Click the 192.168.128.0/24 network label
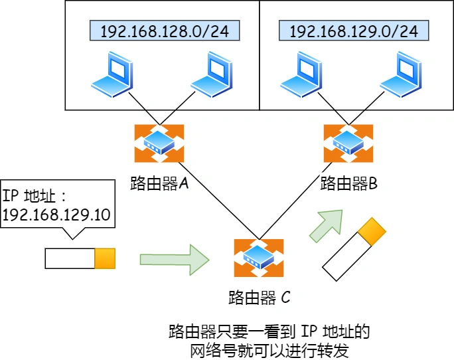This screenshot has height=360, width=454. tap(163, 31)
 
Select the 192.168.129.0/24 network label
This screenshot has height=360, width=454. tap(353, 31)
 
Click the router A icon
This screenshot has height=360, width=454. tap(159, 142)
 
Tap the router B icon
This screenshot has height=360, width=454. tap(347, 142)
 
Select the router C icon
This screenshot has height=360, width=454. tap(258, 258)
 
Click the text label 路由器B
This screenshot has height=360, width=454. tap(348, 183)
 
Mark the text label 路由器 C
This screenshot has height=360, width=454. tap(259, 297)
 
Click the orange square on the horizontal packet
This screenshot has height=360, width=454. tap(105, 258)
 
